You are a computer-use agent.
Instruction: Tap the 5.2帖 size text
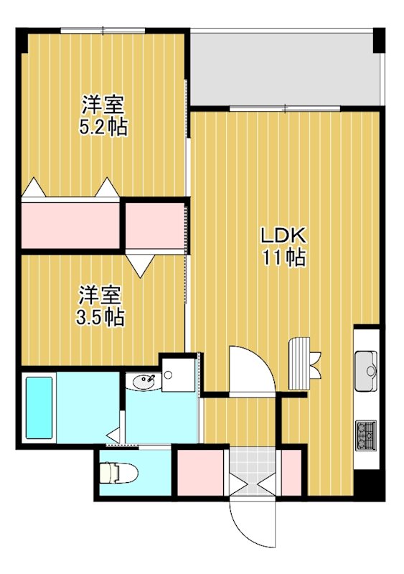103,128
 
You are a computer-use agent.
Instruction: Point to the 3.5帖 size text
100,316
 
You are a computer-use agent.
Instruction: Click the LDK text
283,235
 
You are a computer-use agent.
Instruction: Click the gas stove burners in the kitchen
366,433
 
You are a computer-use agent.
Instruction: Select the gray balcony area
283,68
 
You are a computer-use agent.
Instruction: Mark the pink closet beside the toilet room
199,471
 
